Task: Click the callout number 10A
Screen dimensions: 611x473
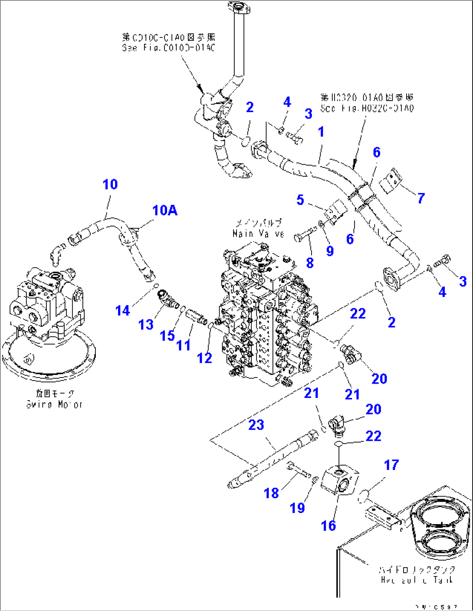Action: [164, 210]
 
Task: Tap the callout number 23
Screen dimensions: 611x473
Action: [256, 424]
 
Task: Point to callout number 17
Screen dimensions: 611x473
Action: [391, 465]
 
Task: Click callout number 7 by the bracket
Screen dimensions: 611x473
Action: [421, 198]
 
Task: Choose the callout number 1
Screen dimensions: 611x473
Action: [321, 131]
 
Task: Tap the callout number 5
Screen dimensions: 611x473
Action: [300, 200]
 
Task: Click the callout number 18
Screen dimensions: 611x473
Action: [271, 493]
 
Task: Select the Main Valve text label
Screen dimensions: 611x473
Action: [258, 228]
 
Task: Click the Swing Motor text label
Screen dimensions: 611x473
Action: [54, 399]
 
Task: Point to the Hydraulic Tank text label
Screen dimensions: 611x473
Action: [417, 575]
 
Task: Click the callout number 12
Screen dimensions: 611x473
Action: [204, 358]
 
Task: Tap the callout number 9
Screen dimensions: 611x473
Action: [330, 251]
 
